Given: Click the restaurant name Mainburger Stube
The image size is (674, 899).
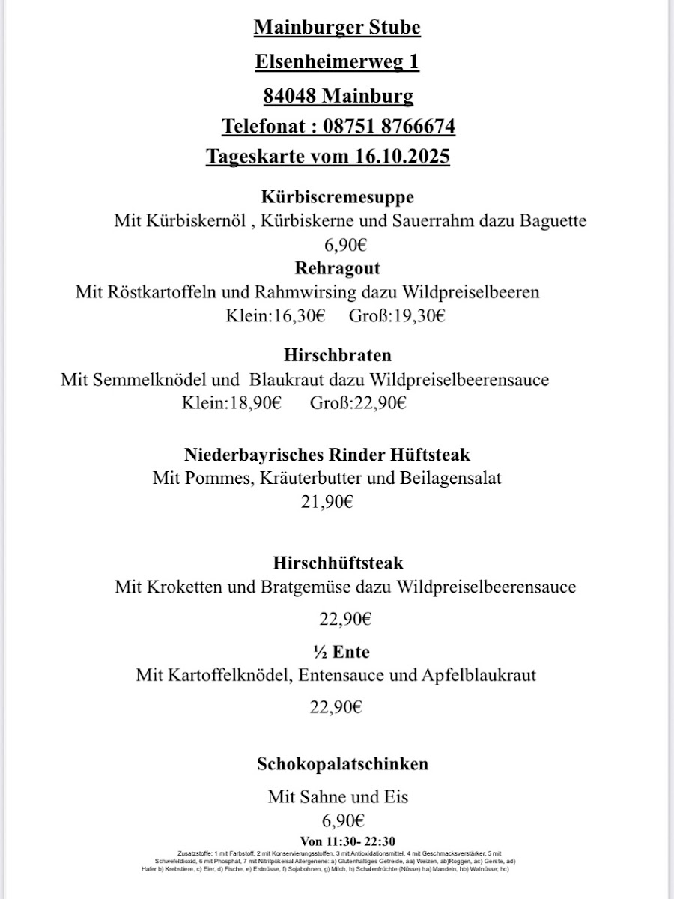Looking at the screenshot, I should [x=337, y=28].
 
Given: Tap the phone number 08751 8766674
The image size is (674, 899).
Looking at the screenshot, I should [x=389, y=127].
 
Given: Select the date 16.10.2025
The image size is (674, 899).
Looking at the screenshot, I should [x=399, y=157].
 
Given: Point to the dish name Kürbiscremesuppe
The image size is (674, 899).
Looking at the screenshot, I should [x=337, y=197].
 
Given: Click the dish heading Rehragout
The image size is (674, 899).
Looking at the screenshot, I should [x=337, y=267].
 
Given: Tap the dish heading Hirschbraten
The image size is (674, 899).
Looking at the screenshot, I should [x=337, y=354].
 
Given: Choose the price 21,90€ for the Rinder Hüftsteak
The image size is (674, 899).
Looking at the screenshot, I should [x=327, y=502].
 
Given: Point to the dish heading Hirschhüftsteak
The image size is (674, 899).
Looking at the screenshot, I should [x=338, y=562].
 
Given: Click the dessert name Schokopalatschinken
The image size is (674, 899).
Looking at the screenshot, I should [x=342, y=764].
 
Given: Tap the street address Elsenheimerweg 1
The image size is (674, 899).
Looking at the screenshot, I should [x=337, y=62].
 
